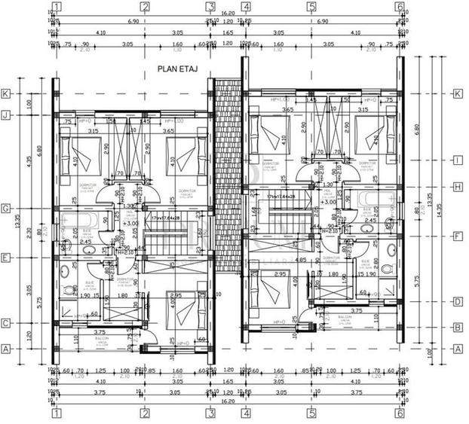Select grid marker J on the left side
(x=6, y=115)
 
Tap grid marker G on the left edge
(x=6, y=208)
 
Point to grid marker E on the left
(x=6, y=257)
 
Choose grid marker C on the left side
(x=6, y=323)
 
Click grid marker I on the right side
(x=457, y=160)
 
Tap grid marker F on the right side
(x=457, y=235)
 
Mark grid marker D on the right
(x=457, y=301)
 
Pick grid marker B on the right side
(x=457, y=327)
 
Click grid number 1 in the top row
(x=57, y=7)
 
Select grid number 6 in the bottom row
(x=400, y=413)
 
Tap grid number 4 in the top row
(x=246, y=7)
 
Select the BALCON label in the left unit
(x=102, y=339)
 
